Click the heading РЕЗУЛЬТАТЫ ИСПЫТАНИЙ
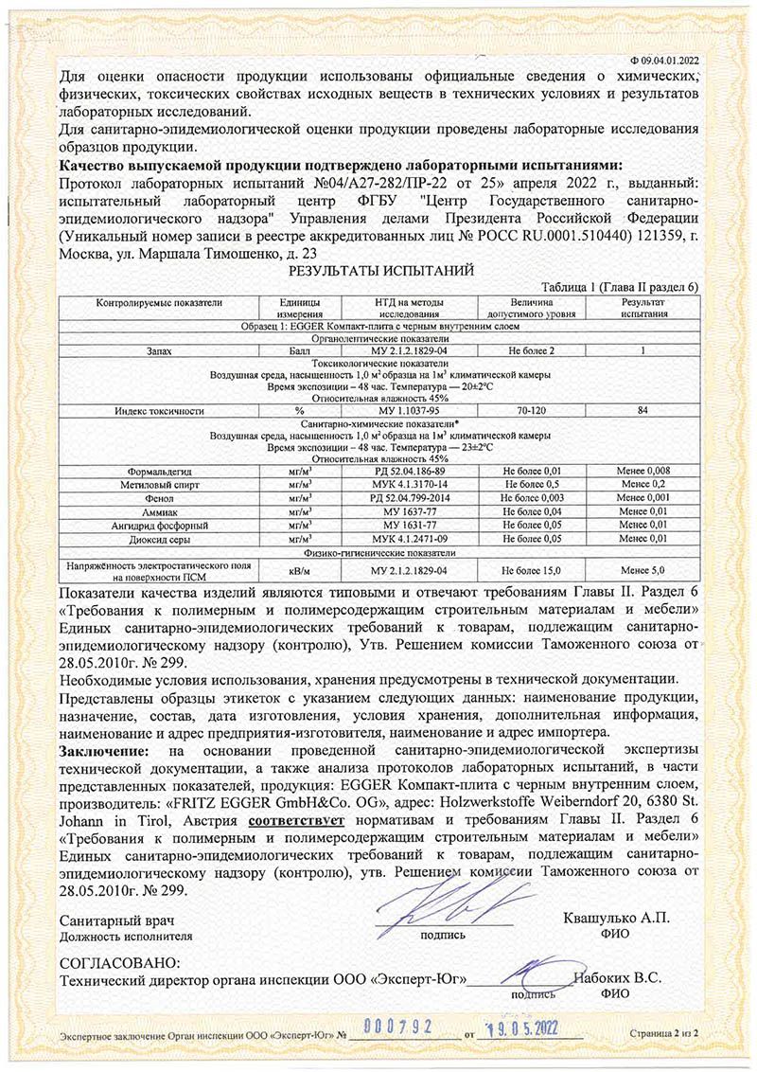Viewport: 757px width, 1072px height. tap(378, 271)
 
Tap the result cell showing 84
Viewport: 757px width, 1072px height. tap(643, 411)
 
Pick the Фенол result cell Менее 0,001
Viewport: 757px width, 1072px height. tap(643, 496)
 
